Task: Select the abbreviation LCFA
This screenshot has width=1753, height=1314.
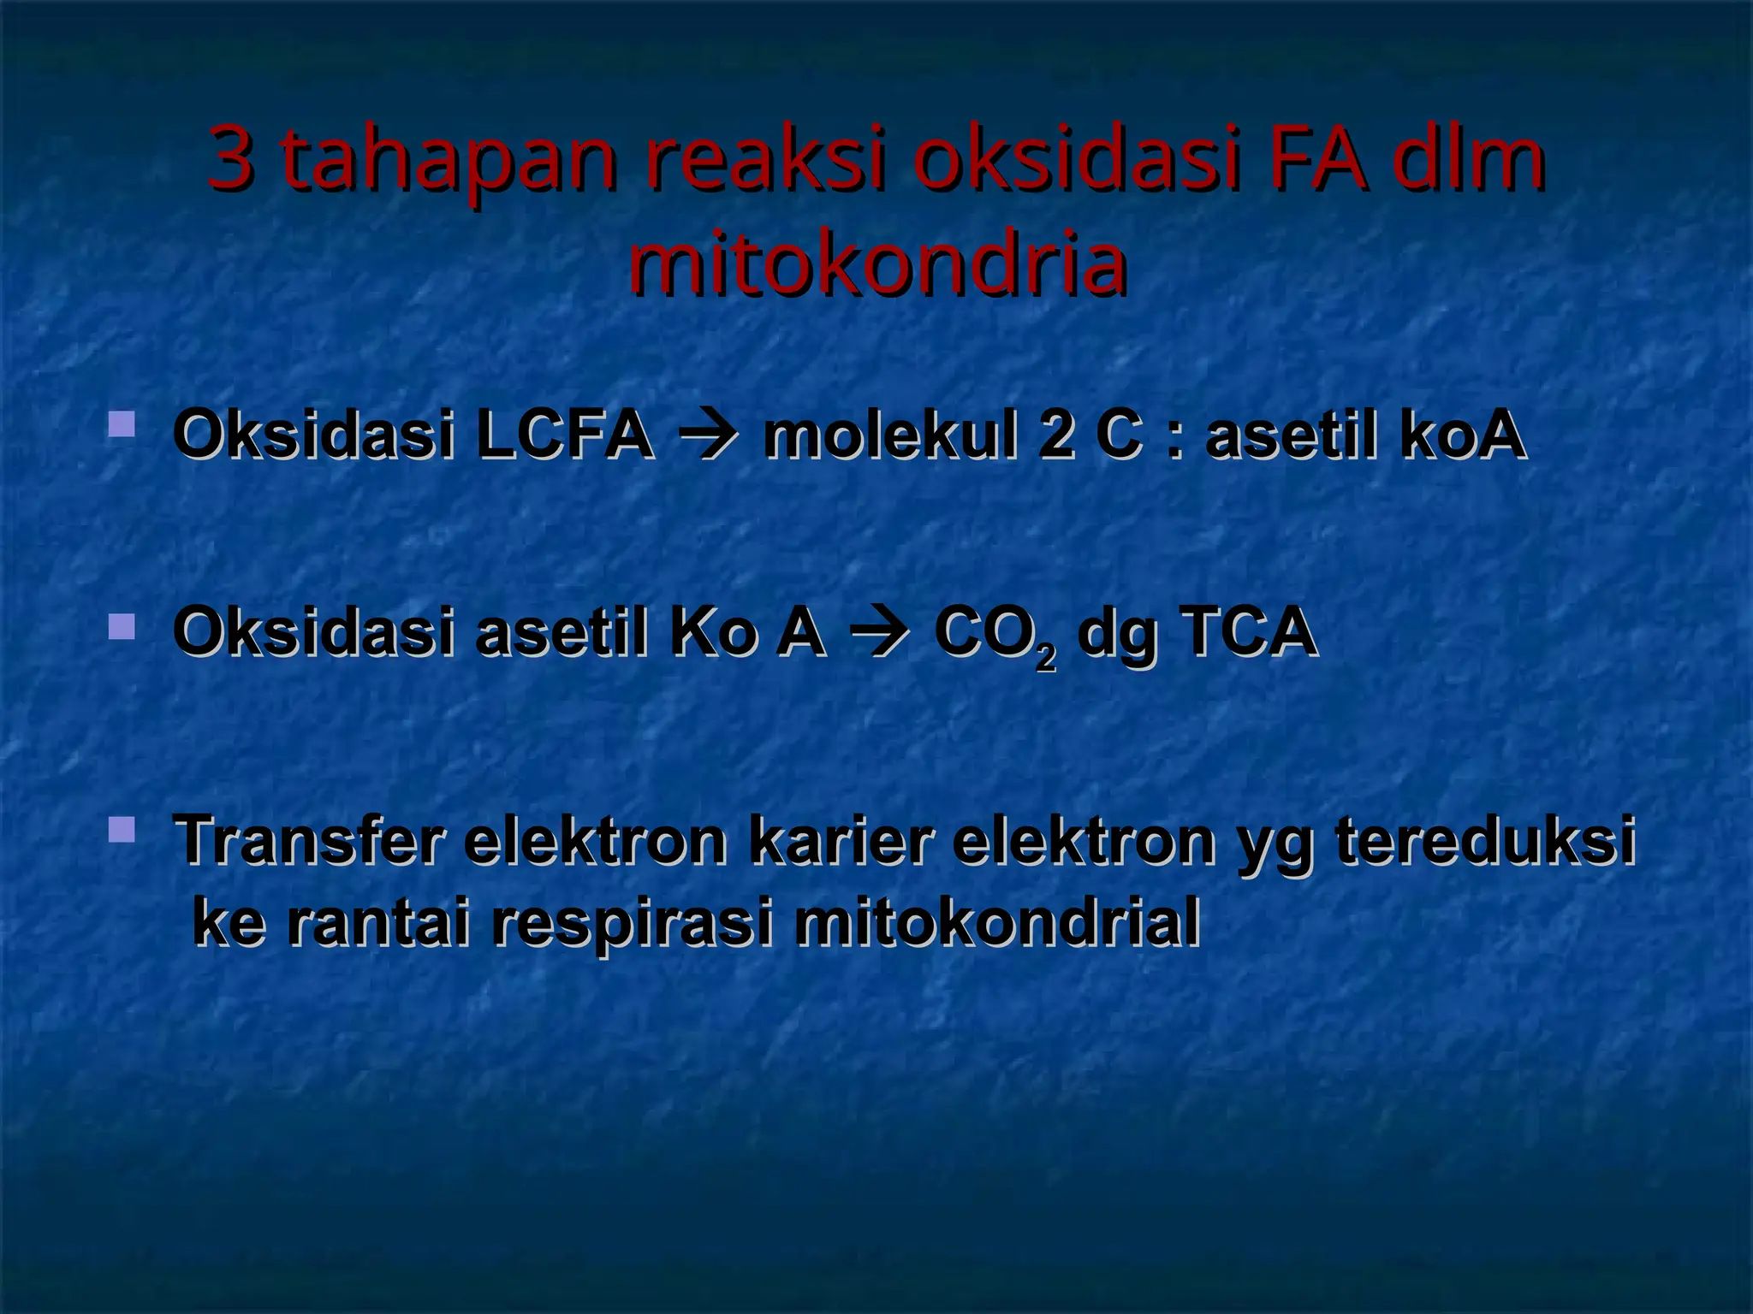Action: click(x=566, y=435)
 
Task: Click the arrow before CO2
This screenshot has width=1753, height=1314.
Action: click(x=879, y=634)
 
